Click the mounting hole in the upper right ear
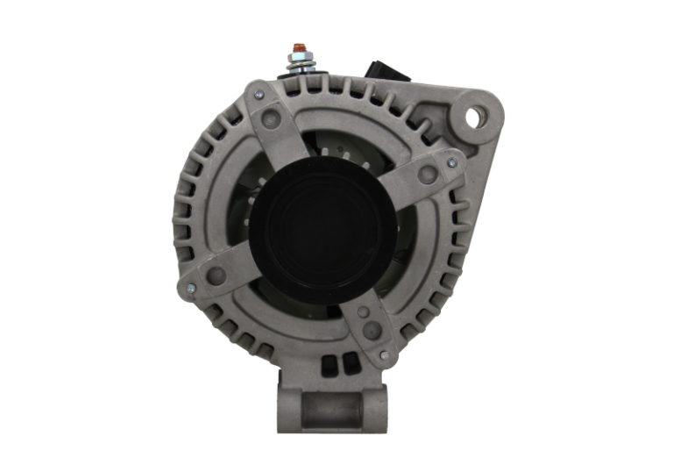click(476, 116)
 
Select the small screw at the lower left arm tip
click(187, 287)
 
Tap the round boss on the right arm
click(428, 175)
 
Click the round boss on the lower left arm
click(216, 276)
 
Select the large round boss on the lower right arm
click(372, 331)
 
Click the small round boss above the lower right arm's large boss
click(362, 307)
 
